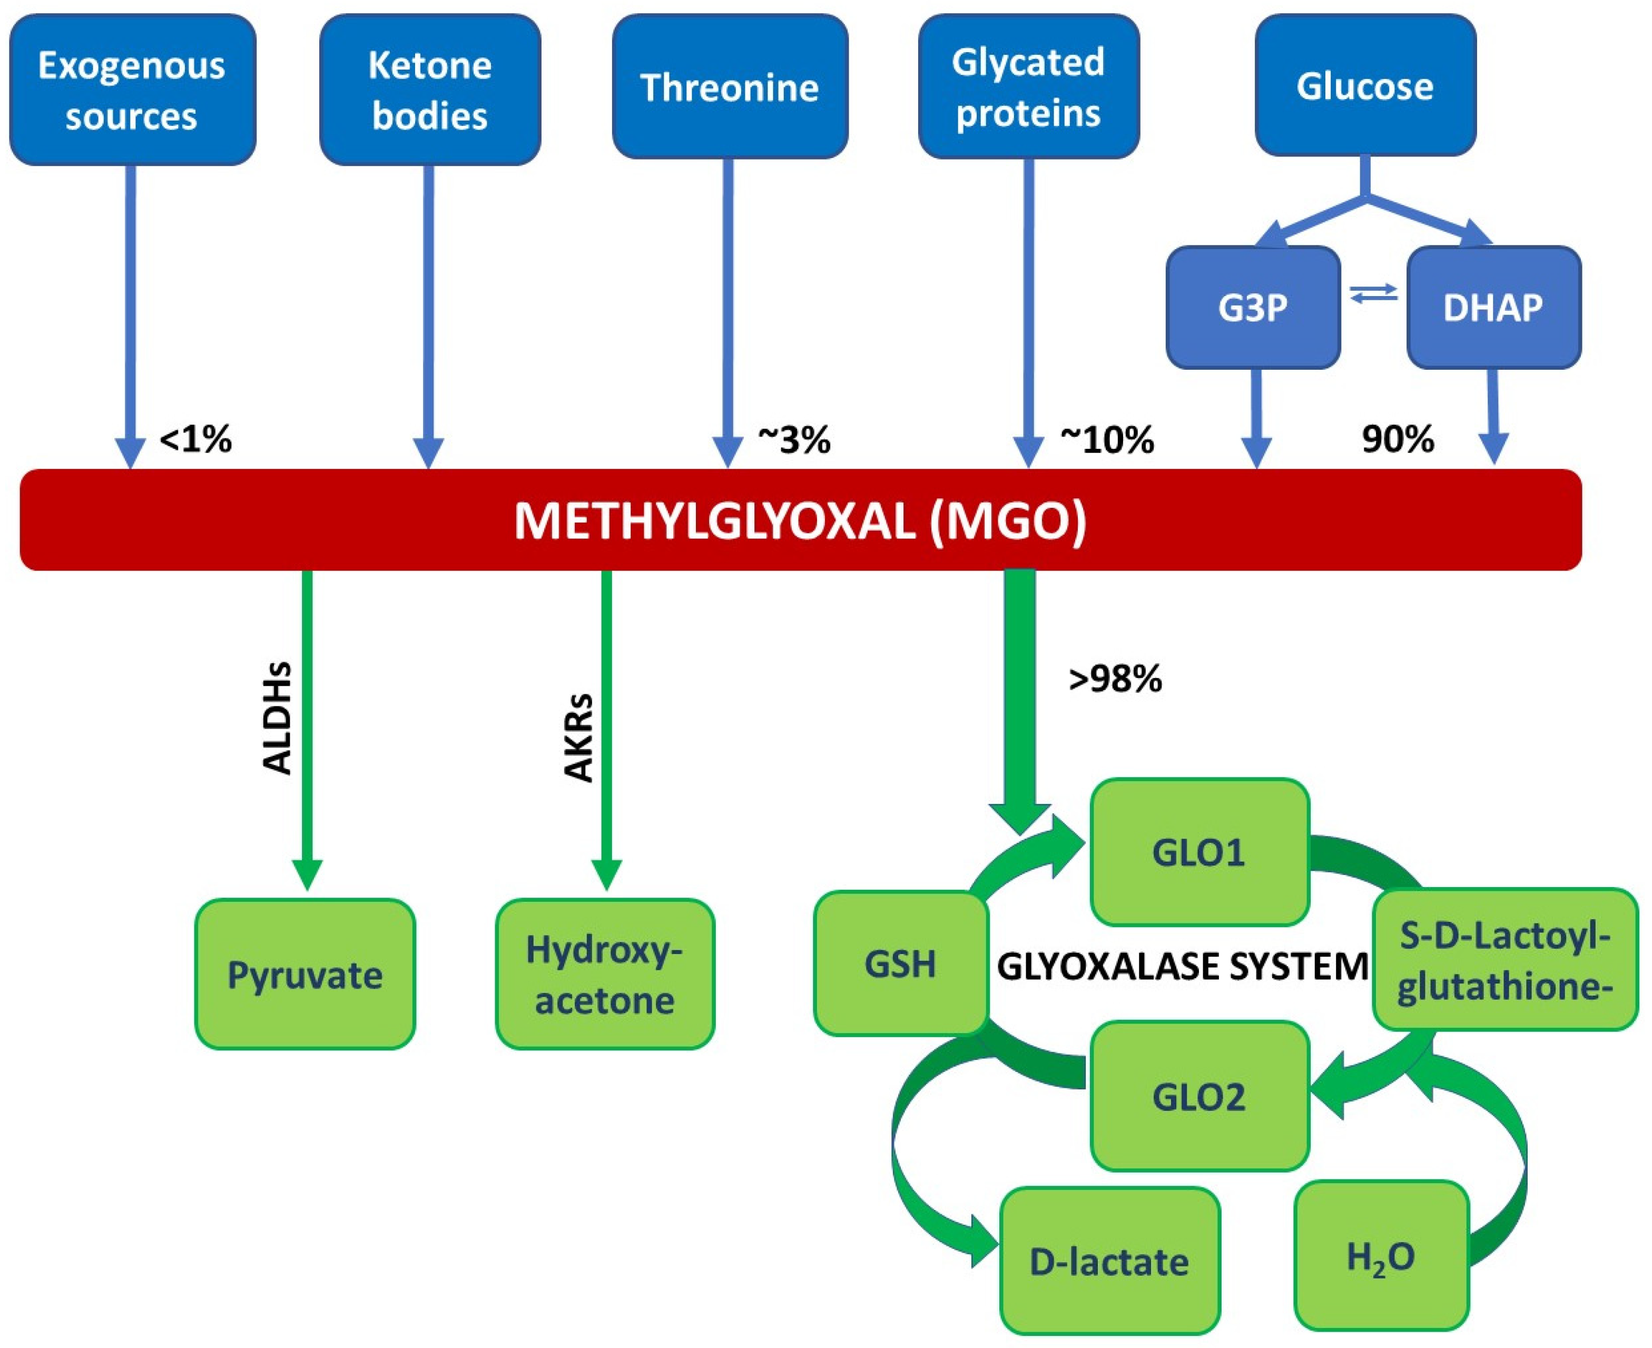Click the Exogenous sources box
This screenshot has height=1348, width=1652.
[x=133, y=90]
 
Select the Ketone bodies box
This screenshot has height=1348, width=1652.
[x=430, y=90]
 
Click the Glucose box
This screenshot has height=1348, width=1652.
[x=1365, y=85]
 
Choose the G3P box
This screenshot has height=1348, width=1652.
[x=1253, y=308]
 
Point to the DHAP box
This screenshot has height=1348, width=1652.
[x=1493, y=308]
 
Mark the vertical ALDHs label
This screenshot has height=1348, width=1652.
[x=277, y=719]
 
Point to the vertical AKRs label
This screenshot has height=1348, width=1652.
[x=577, y=737]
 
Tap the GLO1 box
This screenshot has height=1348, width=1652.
[x=1199, y=852]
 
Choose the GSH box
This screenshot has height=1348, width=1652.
[x=900, y=963]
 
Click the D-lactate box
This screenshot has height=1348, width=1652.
[x=1109, y=1262]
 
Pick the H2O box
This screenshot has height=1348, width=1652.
[x=1381, y=1256]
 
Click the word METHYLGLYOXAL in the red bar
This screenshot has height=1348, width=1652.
[x=714, y=521]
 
